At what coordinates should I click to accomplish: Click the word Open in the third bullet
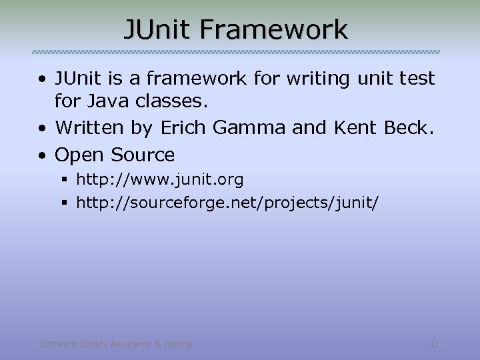[80, 155]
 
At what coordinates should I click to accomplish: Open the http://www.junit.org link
[160, 179]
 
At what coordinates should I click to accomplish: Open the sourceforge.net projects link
[227, 202]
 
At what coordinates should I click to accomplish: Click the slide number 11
[434, 344]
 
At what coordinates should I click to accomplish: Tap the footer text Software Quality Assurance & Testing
[116, 344]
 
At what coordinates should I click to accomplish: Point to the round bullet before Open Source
[42, 155]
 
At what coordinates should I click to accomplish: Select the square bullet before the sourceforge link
[64, 202]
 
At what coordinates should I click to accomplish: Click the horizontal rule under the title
[237, 51]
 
